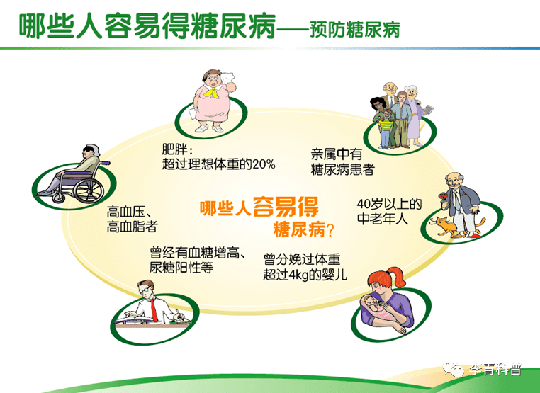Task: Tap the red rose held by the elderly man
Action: [x=442, y=197]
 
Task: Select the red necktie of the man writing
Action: [x=154, y=310]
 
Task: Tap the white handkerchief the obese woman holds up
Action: [x=227, y=76]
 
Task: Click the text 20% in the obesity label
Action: [x=264, y=164]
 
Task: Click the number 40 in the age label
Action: [x=364, y=204]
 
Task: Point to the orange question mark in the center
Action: [x=330, y=230]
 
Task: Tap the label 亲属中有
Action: [x=337, y=154]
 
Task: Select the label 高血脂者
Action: [x=133, y=227]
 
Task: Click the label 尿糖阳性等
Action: [x=181, y=268]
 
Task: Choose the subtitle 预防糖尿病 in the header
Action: [x=354, y=29]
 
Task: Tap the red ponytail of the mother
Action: [x=397, y=277]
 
